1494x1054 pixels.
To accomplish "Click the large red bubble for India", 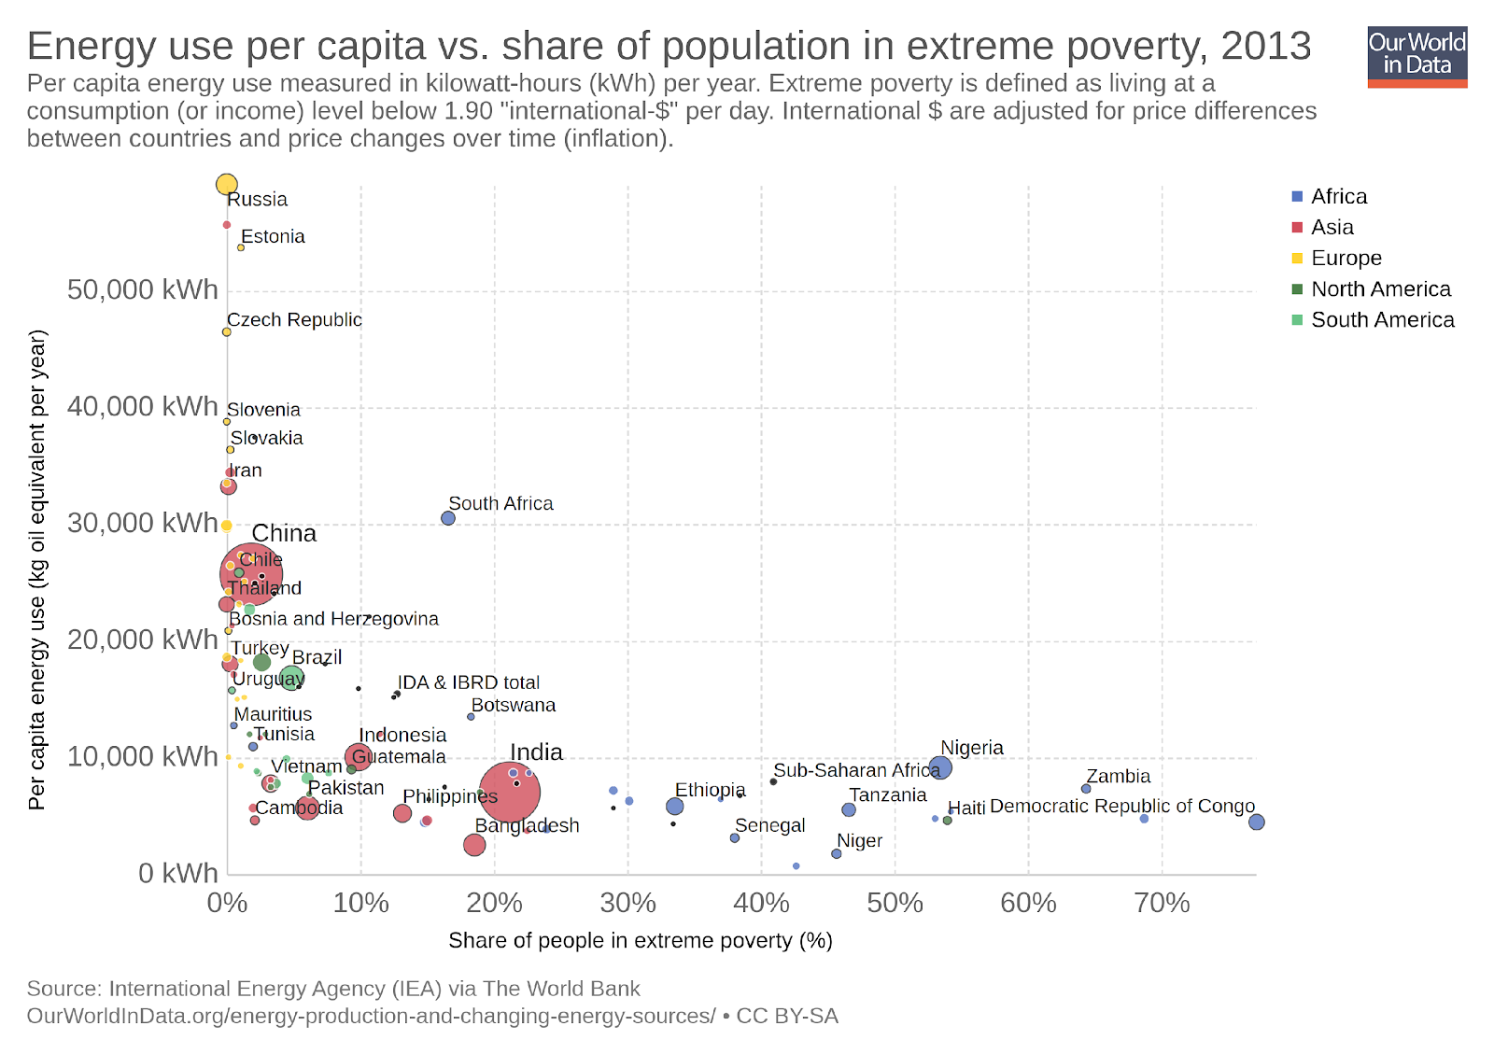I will point(510,792).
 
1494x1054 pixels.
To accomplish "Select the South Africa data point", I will point(448,518).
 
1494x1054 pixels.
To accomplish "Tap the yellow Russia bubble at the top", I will point(227,185).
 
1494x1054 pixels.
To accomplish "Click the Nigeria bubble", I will point(940,767).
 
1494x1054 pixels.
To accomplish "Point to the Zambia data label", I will point(1118,776).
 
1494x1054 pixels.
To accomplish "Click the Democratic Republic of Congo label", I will point(1121,806).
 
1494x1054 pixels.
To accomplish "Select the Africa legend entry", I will point(1338,196).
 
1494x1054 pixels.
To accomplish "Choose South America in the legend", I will point(1382,319).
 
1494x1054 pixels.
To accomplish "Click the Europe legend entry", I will point(1346,258).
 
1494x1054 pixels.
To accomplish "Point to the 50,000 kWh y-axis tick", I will point(142,289).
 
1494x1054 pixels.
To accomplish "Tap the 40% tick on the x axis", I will point(762,903).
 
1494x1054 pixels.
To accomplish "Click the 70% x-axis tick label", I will point(1163,903).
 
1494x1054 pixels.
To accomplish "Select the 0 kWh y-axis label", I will point(177,873).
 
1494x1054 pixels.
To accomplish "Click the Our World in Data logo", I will point(1416,56).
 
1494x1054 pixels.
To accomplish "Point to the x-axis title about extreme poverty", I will point(640,940).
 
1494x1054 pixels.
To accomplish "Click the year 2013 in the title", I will point(1266,46).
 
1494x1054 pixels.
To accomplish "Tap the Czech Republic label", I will point(294,319).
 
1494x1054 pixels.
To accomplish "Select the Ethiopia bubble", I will point(675,807).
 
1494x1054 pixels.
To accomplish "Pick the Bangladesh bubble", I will point(474,845).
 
